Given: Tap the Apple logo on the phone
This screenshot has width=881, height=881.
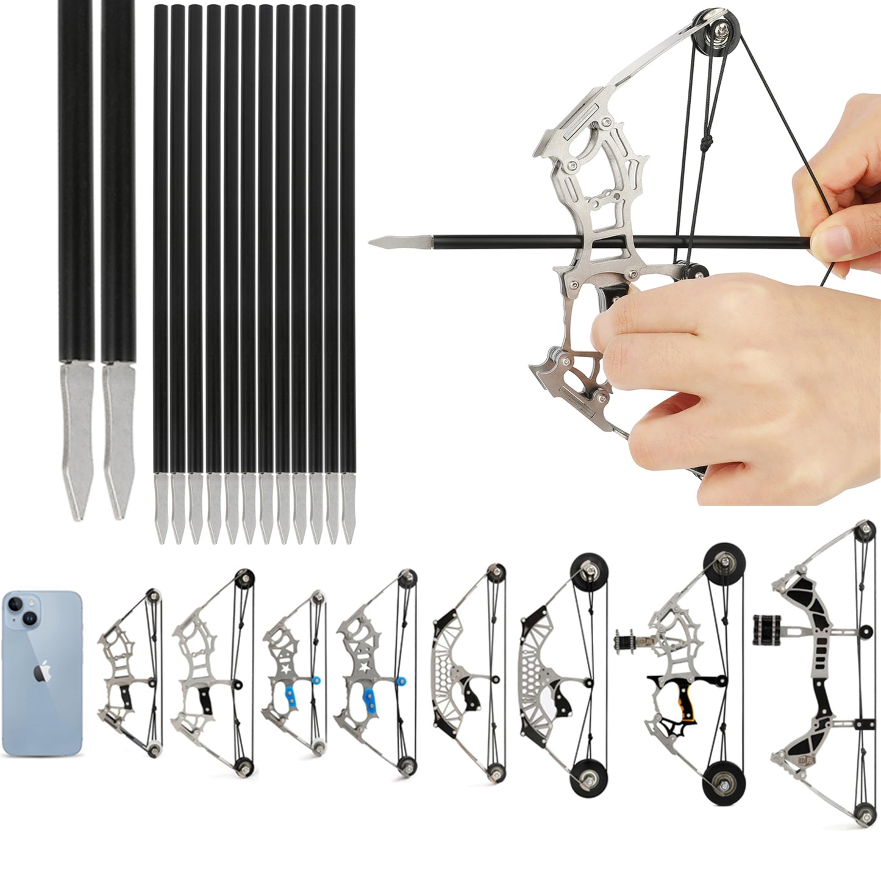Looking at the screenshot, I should [x=42, y=673].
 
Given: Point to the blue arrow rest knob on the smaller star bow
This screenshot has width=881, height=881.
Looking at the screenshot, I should [x=316, y=679].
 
